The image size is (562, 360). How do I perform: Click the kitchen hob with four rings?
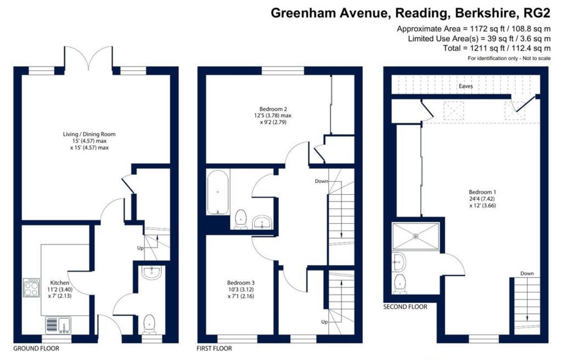coord(31,287)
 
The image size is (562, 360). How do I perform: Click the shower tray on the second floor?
coord(416,236)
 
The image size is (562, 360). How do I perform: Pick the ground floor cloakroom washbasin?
coord(152,272)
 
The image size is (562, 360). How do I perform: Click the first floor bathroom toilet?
coord(241,219)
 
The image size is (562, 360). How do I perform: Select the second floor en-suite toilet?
coord(399,283)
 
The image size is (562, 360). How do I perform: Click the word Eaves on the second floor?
coord(466,86)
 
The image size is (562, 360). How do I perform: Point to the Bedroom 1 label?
coord(482,192)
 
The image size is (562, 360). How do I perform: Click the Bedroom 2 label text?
coord(273,109)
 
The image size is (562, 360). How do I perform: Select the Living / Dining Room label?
coord(89,134)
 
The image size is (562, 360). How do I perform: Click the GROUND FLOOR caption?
coord(36,349)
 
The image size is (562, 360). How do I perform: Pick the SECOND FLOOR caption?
coord(405,307)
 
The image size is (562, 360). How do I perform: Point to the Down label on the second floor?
coord(527,274)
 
